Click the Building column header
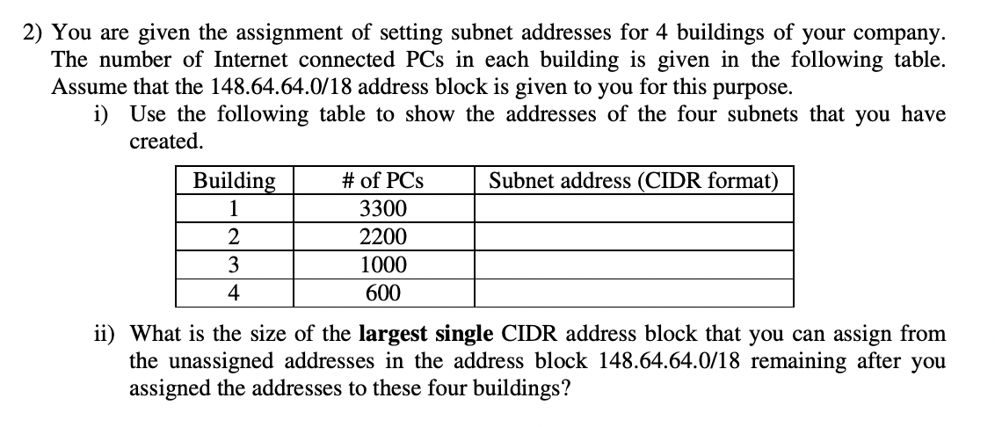point(233,181)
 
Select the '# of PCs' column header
point(382,181)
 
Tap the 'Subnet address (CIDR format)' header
point(634,181)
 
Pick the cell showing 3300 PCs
point(382,209)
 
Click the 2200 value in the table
point(382,237)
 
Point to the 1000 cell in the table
point(382,265)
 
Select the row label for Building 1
point(233,209)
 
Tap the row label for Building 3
point(233,265)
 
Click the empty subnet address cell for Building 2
point(634,237)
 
